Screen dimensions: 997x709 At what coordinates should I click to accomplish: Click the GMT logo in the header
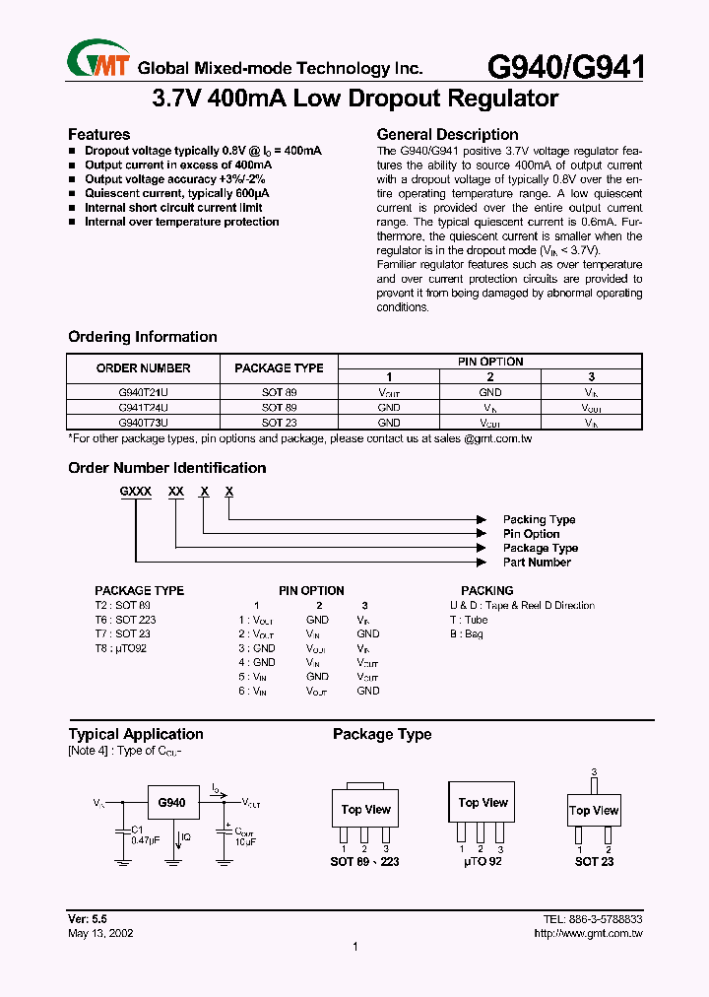[98, 62]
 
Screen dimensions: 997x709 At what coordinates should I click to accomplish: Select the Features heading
[98, 134]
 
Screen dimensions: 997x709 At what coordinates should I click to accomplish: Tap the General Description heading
[447, 134]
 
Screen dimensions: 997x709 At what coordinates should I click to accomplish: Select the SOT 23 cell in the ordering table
[279, 422]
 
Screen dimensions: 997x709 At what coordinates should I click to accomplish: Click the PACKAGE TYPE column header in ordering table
[279, 367]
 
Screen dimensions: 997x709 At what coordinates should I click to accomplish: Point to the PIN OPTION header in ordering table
[490, 362]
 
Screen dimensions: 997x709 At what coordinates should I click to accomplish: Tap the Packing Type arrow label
[539, 519]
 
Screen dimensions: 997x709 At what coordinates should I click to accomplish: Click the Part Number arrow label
[537, 563]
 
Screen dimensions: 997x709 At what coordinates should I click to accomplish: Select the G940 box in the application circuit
[172, 803]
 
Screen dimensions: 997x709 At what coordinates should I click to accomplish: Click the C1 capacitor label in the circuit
[137, 829]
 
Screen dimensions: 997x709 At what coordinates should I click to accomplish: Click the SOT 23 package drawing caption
[594, 861]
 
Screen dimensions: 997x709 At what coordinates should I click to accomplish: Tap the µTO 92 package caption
[480, 861]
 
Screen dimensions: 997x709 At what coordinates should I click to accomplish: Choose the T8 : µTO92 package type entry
[120, 648]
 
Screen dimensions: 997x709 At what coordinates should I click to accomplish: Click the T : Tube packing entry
[469, 620]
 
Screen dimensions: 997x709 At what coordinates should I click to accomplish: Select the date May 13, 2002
[100, 932]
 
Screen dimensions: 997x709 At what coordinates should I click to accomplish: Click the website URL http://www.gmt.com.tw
[587, 932]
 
